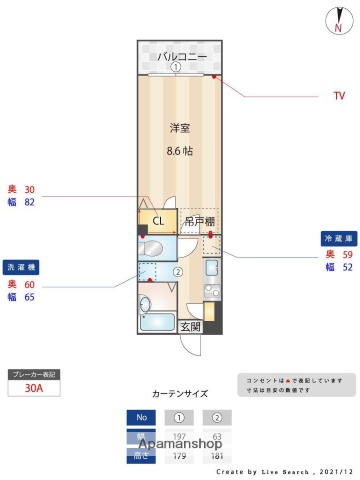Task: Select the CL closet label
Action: (158, 222)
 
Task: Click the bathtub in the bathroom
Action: (158, 321)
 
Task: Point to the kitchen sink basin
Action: (211, 270)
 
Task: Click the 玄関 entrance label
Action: (190, 326)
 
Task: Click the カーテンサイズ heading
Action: (179, 393)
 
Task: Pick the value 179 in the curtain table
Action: (180, 456)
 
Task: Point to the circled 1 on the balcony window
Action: (175, 68)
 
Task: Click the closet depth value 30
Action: (29, 189)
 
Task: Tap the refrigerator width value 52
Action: (347, 268)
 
